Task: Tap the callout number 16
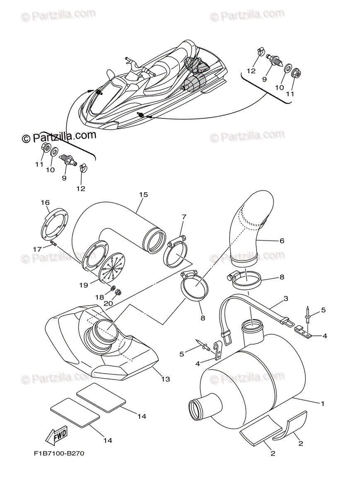pos(45,203)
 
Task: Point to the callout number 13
pos(166,379)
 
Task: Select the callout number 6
pos(282,241)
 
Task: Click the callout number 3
pos(286,298)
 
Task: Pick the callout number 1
pos(323,403)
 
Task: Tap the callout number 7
pos(184,216)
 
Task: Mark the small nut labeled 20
pos(118,292)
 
